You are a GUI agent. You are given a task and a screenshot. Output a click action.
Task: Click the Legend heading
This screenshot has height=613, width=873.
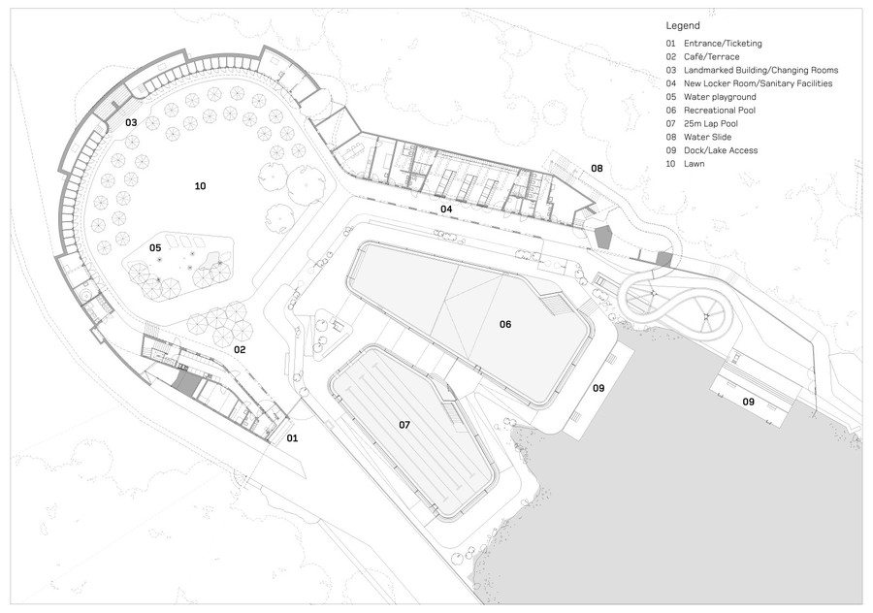point(683,25)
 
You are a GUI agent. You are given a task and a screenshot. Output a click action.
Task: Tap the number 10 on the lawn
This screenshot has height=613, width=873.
point(201,186)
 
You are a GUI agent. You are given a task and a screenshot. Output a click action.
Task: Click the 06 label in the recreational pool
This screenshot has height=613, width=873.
point(505,324)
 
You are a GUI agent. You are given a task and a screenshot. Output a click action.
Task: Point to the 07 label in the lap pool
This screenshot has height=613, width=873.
point(404,426)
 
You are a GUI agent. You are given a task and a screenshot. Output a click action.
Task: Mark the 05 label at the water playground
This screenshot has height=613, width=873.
point(155,247)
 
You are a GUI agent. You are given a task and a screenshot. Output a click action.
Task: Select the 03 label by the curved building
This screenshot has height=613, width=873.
point(131,122)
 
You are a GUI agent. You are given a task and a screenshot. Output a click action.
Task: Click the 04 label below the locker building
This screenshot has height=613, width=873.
point(446,210)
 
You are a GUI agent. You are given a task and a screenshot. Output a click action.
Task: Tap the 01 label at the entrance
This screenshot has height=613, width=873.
point(292,438)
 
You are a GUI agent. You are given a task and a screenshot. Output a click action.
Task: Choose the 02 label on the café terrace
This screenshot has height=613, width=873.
point(240,349)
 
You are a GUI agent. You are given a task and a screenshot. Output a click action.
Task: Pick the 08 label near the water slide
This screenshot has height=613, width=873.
point(597,168)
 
